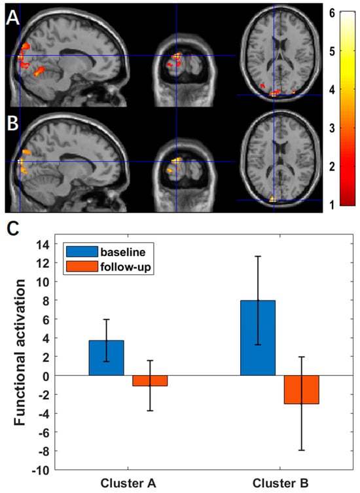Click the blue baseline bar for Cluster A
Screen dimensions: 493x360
click(x=106, y=358)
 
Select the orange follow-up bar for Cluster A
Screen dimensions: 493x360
click(x=150, y=381)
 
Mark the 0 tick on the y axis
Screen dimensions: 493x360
click(x=48, y=376)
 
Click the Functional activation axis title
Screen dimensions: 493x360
click(x=20, y=357)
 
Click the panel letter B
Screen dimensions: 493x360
click(x=12, y=122)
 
